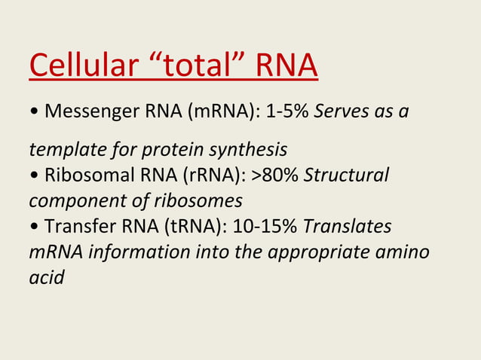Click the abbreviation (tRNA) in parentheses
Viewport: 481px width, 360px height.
coord(199,227)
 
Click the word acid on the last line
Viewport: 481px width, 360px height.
coord(46,276)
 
